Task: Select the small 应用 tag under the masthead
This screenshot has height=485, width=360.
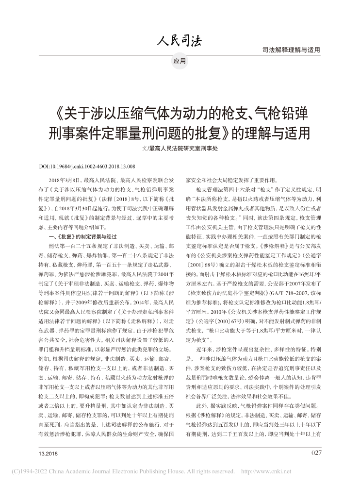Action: point(180,61)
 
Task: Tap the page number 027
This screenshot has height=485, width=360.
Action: point(316,452)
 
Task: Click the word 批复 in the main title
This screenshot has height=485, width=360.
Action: point(199,132)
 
